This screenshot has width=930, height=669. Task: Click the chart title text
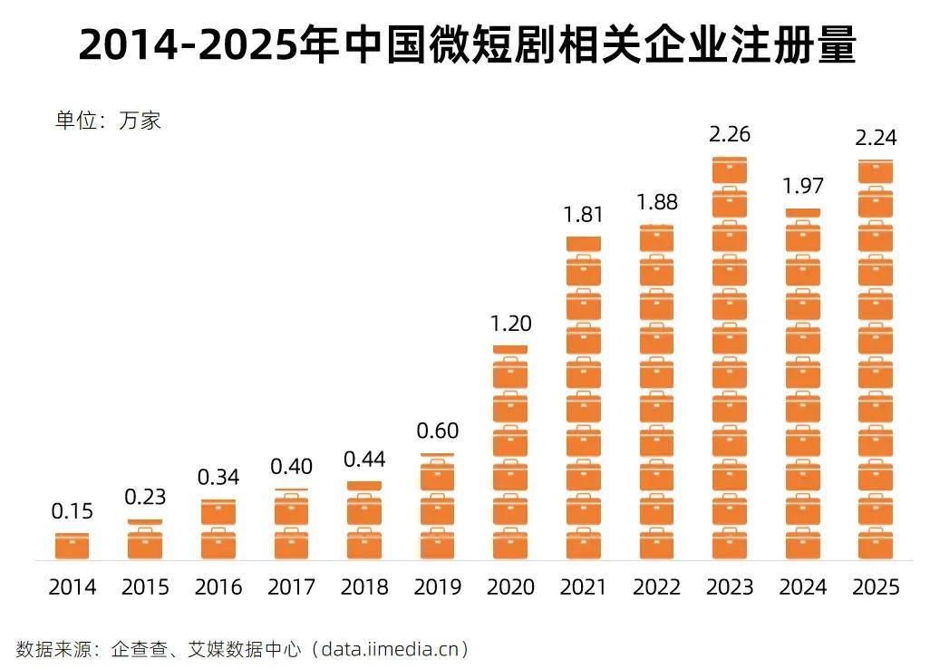pyautogui.click(x=467, y=45)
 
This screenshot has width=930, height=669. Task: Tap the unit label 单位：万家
pyautogui.click(x=108, y=121)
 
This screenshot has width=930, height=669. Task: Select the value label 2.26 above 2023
pyautogui.click(x=730, y=135)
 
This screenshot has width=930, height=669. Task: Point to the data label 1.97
pyautogui.click(x=802, y=187)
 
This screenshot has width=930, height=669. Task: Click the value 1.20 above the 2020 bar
pyautogui.click(x=510, y=324)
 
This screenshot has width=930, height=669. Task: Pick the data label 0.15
pyautogui.click(x=72, y=512)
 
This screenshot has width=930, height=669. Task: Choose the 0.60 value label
pyautogui.click(x=438, y=431)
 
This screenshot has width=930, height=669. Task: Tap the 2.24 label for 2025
pyautogui.click(x=876, y=139)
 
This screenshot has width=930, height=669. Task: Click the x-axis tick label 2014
pyautogui.click(x=72, y=587)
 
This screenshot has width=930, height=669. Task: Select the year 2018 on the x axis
pyautogui.click(x=364, y=587)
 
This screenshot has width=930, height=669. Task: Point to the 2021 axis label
pyautogui.click(x=584, y=587)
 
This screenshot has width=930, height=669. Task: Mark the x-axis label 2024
pyautogui.click(x=803, y=587)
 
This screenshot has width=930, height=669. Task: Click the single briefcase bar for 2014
pyautogui.click(x=72, y=546)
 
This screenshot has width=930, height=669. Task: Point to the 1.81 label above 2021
pyautogui.click(x=584, y=215)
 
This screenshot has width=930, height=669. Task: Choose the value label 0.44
pyautogui.click(x=364, y=460)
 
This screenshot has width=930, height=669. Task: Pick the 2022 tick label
pyautogui.click(x=657, y=587)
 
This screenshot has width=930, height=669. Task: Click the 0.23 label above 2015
pyautogui.click(x=145, y=498)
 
